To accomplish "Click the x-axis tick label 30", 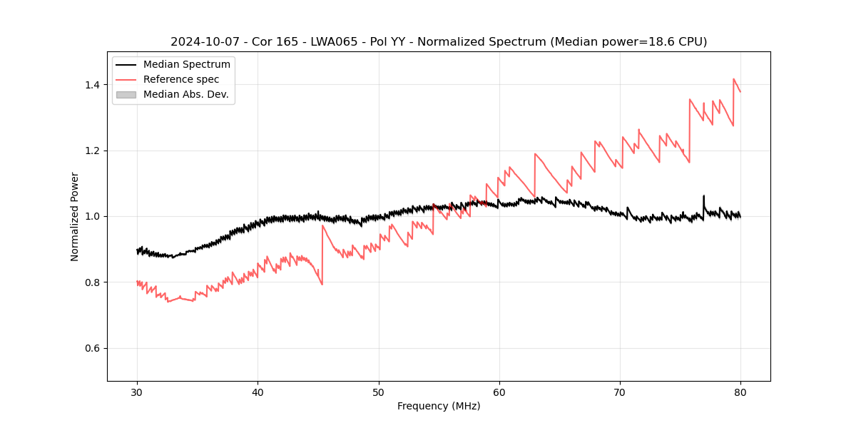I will pos(137,392).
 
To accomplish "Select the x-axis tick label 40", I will pos(258,392).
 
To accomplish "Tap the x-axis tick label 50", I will pos(378,392).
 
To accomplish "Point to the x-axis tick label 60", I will pos(499,392).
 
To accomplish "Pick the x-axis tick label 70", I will pos(619,392).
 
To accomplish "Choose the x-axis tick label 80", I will pos(740,392).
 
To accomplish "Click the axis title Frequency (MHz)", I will pos(439,406).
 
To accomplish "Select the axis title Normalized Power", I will pos(75,216).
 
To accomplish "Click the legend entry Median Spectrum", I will pos(186,65).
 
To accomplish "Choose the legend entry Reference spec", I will pos(181,79).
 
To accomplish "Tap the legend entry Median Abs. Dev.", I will pos(185,94).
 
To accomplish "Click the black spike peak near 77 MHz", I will pos(703,195).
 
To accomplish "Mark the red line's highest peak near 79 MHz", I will pos(733,79).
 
